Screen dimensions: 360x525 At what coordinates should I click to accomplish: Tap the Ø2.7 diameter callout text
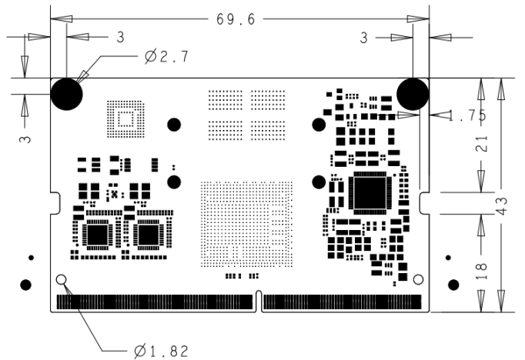point(166,56)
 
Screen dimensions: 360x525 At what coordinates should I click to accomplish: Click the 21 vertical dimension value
point(480,145)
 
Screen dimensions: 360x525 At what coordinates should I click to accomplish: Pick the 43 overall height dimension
point(502,205)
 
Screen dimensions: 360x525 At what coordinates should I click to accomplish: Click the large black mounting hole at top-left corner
point(67,94)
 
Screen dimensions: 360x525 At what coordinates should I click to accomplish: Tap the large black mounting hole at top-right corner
point(413,94)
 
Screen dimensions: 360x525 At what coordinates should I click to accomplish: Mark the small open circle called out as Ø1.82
point(62,279)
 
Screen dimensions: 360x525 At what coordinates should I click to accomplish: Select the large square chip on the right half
point(371,194)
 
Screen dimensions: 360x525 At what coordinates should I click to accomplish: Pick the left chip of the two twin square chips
point(99,234)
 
